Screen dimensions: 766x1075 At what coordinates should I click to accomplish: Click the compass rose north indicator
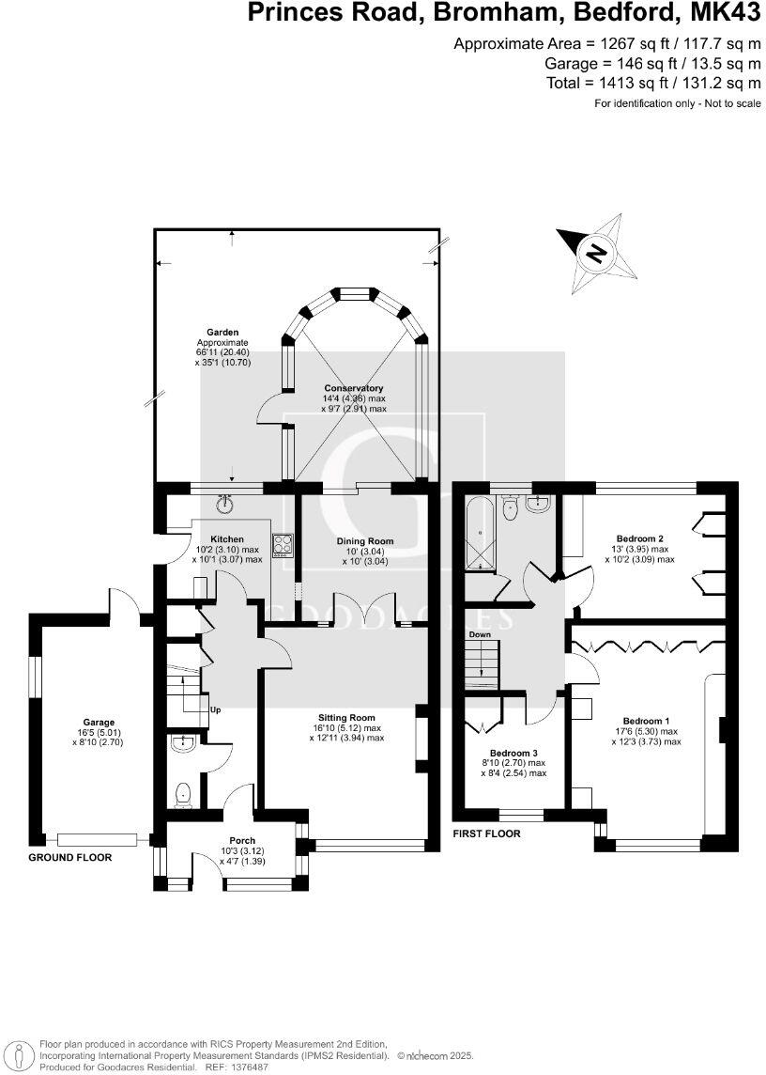tap(594, 253)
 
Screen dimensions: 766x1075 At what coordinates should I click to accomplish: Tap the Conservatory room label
tap(354, 388)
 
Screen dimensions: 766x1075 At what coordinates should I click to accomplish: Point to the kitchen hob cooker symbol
tap(282, 544)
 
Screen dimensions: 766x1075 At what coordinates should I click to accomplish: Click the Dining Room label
tap(365, 541)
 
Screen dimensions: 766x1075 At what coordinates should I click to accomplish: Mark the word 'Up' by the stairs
tap(215, 709)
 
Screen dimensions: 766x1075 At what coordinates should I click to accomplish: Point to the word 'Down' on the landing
tap(480, 634)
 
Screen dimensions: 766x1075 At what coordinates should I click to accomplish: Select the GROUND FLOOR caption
tap(69, 858)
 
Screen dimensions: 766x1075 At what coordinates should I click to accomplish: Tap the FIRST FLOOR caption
tap(486, 834)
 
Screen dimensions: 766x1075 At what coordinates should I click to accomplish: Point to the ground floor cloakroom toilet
tap(184, 795)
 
